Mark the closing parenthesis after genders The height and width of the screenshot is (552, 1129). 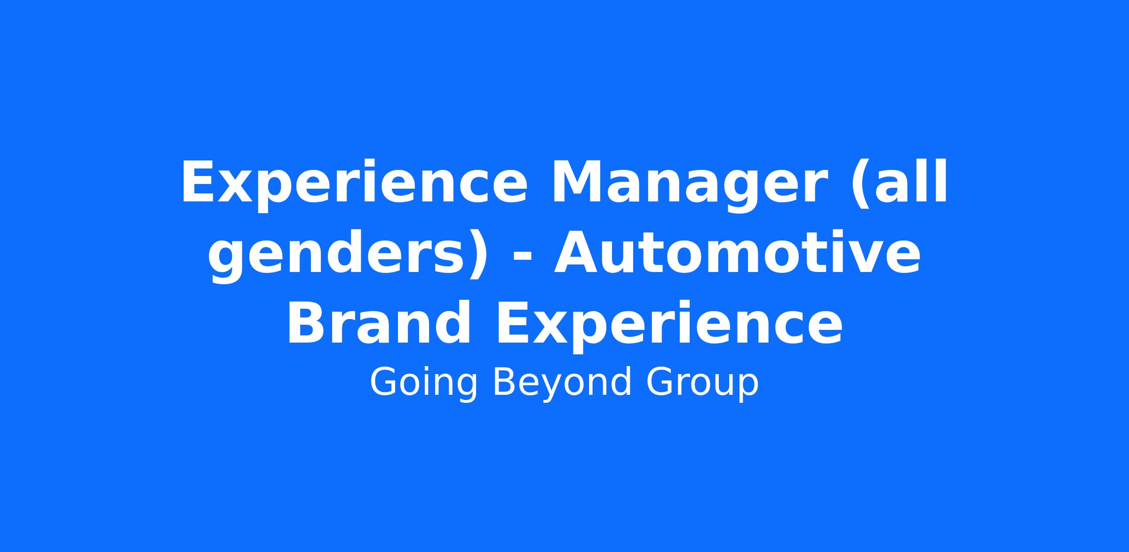click(479, 256)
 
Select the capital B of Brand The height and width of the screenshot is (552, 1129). click(308, 323)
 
